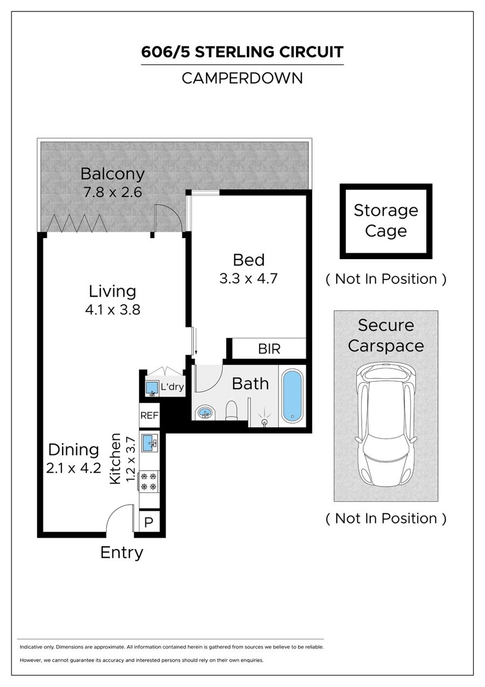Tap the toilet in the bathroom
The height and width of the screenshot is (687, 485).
click(232, 410)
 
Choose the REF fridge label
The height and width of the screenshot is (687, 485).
click(149, 416)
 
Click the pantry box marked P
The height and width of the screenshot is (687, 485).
click(149, 522)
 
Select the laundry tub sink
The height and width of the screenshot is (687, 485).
click(151, 388)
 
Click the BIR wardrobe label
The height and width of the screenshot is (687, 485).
click(269, 349)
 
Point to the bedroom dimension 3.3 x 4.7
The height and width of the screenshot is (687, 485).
click(248, 278)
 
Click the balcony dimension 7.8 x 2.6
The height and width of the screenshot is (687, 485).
click(113, 192)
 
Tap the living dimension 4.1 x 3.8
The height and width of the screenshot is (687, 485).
click(113, 309)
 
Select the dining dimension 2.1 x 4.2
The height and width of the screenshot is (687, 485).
click(73, 468)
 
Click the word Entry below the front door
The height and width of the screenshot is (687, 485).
click(122, 553)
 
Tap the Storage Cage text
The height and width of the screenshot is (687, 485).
click(386, 221)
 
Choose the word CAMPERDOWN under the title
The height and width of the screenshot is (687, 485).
click(242, 78)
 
